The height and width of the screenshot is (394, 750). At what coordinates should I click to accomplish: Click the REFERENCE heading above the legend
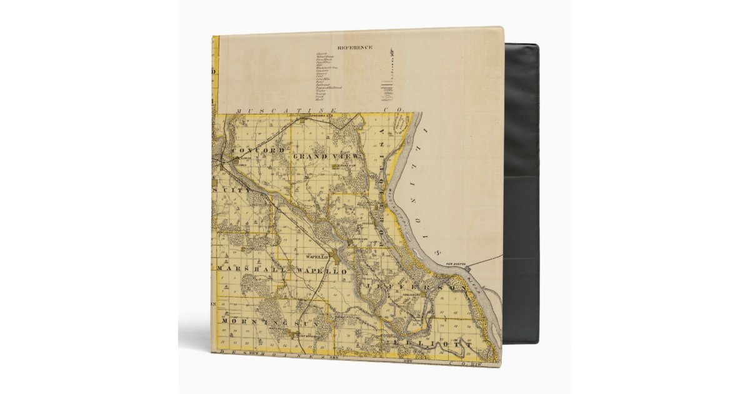[354, 48]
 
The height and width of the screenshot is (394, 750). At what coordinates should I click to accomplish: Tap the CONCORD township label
[258, 151]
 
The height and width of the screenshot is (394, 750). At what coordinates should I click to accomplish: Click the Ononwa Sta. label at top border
[311, 116]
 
